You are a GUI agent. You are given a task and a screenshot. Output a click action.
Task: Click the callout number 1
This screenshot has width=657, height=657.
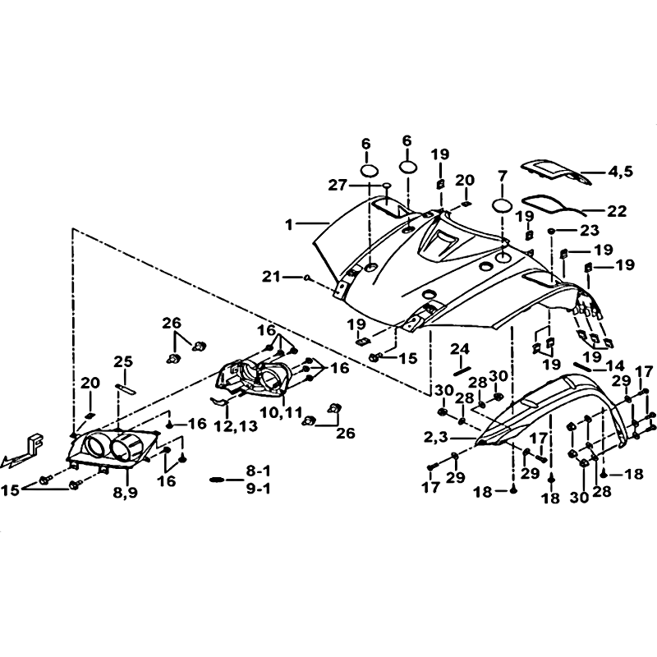pos(289,225)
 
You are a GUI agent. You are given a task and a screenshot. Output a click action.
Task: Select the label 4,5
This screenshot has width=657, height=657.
pos(618,172)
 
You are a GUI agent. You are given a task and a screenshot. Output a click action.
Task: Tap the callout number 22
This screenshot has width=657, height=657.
pos(617,211)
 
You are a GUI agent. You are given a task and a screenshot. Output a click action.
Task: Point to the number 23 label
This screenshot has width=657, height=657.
pos(590,231)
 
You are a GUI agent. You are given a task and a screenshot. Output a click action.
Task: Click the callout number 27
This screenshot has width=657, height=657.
pos(338,185)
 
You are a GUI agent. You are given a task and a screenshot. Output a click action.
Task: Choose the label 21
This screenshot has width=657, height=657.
pos(272,277)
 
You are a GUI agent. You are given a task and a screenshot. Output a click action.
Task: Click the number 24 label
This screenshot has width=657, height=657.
pos(460,349)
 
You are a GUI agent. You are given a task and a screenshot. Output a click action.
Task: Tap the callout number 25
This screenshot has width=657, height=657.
pos(122,361)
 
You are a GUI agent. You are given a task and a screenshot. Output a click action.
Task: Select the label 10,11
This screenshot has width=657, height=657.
pos(281,413)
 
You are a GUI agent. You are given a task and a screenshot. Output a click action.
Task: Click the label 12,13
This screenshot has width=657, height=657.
pos(236,426)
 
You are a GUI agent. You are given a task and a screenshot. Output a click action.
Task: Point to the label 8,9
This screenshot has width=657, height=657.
pos(126,494)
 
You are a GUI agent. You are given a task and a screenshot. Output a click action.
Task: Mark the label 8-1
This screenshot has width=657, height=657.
pos(259,471)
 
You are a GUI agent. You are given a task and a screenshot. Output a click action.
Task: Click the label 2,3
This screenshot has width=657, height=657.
pos(436,438)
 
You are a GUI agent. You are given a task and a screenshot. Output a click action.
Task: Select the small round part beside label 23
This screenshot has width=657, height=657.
pos(553,231)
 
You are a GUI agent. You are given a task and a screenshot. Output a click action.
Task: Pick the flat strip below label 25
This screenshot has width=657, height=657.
pos(126,388)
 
